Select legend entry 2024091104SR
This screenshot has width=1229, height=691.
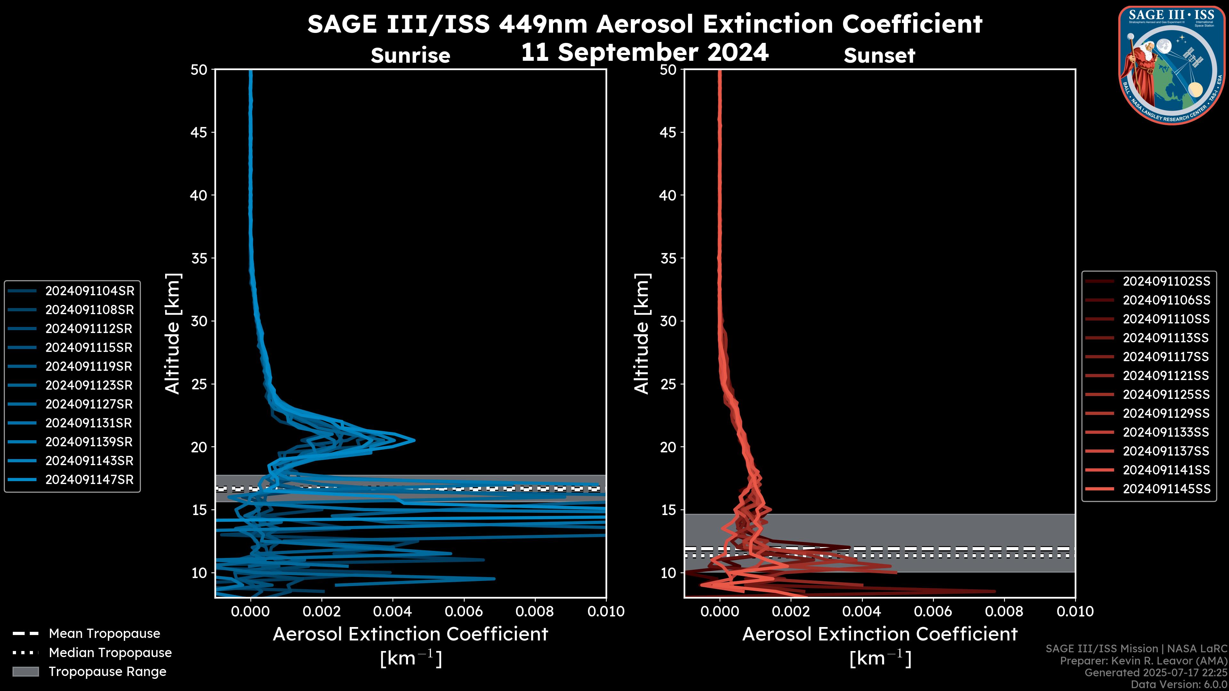(89, 291)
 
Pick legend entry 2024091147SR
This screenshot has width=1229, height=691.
(89, 480)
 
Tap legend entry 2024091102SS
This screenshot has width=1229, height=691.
(1166, 282)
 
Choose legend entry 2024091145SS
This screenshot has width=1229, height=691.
(1166, 489)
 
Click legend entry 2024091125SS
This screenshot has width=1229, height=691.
(1166, 395)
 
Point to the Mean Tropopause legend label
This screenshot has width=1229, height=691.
(104, 633)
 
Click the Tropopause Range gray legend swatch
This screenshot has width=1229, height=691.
(25, 671)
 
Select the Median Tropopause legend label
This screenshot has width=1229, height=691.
(110, 652)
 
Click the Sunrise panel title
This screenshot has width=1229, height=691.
(410, 56)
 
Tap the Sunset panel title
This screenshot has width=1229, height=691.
(879, 56)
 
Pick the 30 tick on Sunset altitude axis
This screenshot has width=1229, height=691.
(668, 321)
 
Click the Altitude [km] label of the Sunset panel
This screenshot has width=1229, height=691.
(642, 334)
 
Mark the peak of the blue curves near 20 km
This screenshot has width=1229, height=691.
(414, 440)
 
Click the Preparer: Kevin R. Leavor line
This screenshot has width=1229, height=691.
(1144, 661)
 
